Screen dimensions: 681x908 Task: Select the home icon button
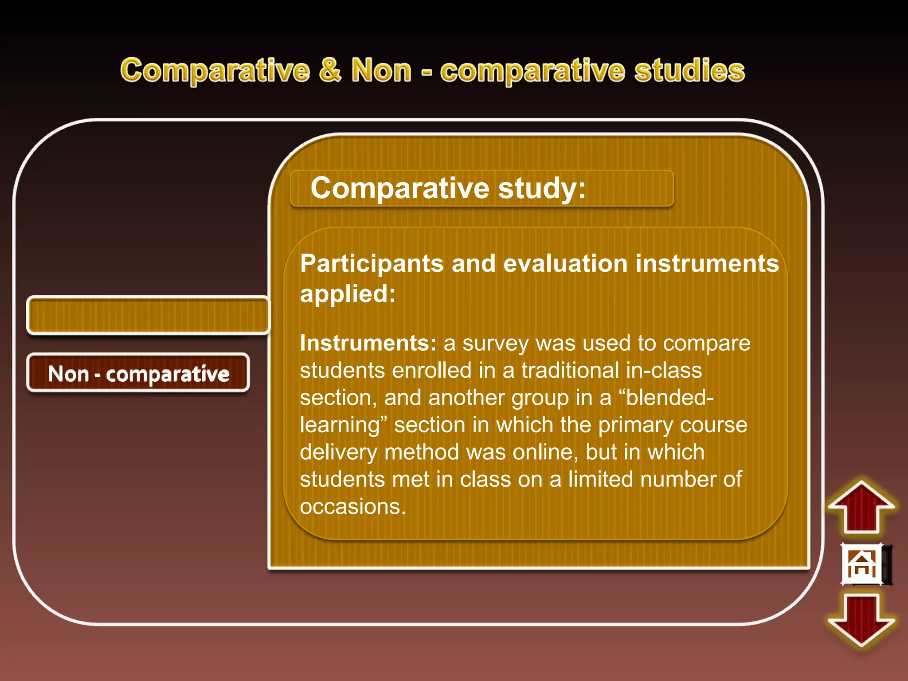[862, 564]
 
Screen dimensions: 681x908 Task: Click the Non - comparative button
[138, 373]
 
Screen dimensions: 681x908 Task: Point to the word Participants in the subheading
[372, 264]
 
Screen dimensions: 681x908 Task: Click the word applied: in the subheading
[348, 294]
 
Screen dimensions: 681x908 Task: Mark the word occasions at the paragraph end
[352, 506]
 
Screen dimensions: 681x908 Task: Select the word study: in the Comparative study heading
[541, 188]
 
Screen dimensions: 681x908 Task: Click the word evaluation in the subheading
[565, 264]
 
